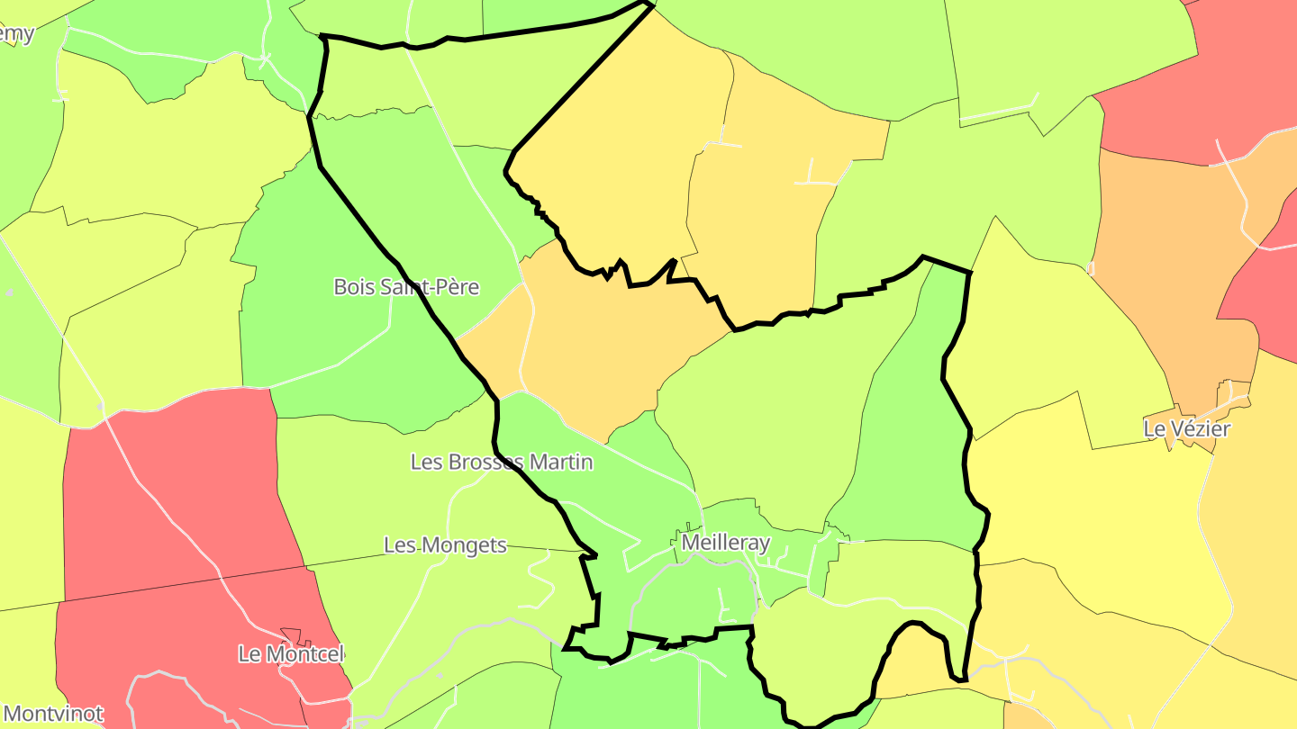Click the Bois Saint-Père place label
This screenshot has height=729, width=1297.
(x=406, y=287)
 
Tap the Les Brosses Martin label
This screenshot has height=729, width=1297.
(x=502, y=462)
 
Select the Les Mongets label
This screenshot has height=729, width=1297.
(x=445, y=545)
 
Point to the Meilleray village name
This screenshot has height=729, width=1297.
(x=726, y=543)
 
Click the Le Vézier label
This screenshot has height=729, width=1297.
(x=1186, y=428)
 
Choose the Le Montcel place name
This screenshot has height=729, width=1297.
(x=291, y=653)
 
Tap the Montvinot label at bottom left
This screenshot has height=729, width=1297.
(x=52, y=715)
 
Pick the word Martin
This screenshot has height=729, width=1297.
(x=560, y=462)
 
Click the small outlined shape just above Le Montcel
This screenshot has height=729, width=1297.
(x=290, y=634)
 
